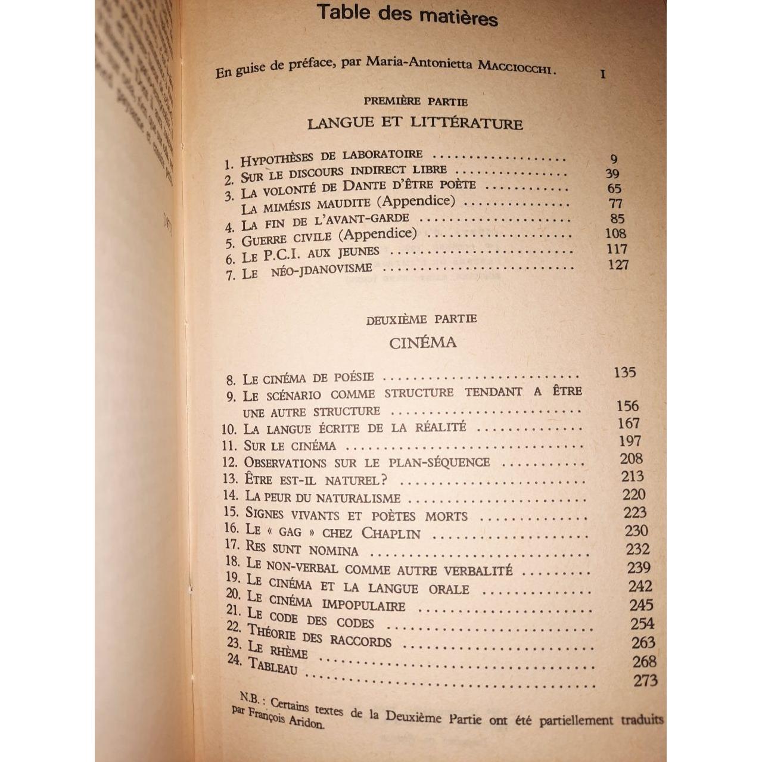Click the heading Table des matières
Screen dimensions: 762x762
pos(407,14)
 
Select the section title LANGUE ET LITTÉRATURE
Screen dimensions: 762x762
pos(415,123)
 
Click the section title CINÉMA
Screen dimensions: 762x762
pos(423,343)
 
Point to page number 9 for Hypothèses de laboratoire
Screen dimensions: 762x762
pos(614,159)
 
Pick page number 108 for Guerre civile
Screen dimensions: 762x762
pos(615,234)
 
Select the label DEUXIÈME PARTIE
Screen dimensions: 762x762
pos(421,319)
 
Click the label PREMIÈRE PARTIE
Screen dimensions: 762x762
pos(415,101)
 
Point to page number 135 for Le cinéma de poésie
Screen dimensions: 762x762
pos(624,372)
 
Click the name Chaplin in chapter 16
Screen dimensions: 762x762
pos(391,533)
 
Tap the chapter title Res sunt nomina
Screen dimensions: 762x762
pos(302,549)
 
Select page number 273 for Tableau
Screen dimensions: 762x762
pos(645,680)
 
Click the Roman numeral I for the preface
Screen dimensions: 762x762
pos(603,74)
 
